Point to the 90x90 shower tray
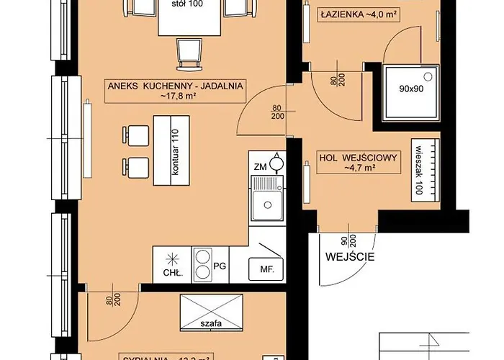pyautogui.click(x=408, y=91)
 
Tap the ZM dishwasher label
pyautogui.click(x=260, y=166)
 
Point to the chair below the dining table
pyautogui.click(x=189, y=51)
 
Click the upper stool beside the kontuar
pyautogui.click(x=137, y=135)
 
